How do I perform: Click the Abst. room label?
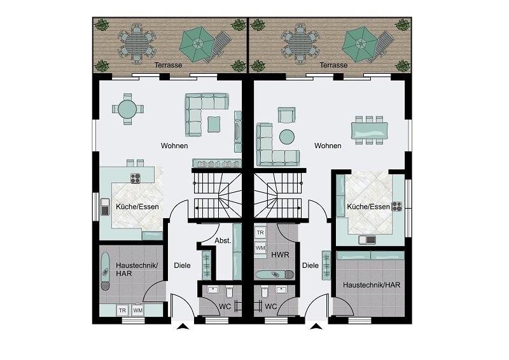click(x=223, y=241)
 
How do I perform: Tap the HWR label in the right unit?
click(x=280, y=255)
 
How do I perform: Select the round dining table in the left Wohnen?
click(x=128, y=109)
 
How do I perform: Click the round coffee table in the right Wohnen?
click(x=287, y=137)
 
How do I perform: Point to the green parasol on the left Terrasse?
click(x=197, y=44)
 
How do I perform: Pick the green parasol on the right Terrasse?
click(x=359, y=44)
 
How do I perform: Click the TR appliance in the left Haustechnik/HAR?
click(x=122, y=310)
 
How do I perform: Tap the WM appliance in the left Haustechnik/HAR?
click(x=138, y=310)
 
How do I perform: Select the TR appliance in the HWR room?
click(x=260, y=233)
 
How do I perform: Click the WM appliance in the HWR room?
click(x=260, y=248)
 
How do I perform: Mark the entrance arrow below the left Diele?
click(x=183, y=326)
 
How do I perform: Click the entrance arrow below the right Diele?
click(x=316, y=326)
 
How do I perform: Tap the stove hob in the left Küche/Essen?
click(x=136, y=178)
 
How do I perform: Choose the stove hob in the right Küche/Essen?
click(x=396, y=207)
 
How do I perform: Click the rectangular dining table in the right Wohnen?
click(x=370, y=130)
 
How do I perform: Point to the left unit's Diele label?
click(x=182, y=265)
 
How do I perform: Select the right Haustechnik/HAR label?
click(x=372, y=285)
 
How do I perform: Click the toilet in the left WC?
click(x=230, y=291)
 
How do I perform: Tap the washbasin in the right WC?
click(x=281, y=289)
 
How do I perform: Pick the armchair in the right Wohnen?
click(x=287, y=115)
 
